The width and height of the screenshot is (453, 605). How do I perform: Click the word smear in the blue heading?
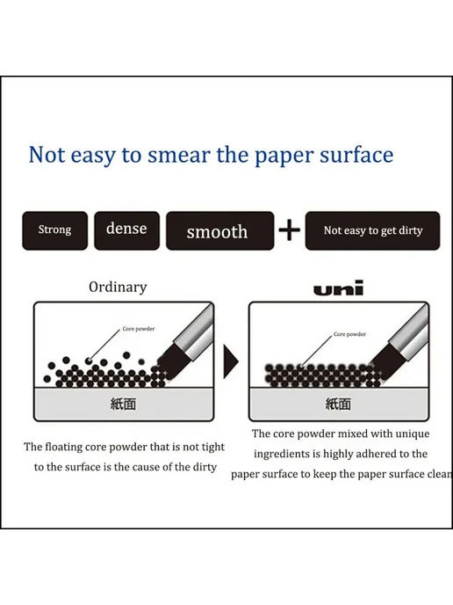(179, 155)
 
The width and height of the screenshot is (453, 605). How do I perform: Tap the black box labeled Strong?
(54, 230)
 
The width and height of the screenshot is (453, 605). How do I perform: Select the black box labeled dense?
(126, 230)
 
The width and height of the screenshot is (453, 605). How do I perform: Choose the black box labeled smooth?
(220, 230)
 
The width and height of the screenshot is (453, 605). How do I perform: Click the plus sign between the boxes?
(290, 230)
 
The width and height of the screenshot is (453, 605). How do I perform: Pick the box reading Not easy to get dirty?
(372, 230)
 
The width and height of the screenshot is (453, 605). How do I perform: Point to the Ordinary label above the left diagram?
(118, 287)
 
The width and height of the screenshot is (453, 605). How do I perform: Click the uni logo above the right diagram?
(339, 288)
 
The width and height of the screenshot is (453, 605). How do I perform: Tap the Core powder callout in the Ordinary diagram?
(139, 329)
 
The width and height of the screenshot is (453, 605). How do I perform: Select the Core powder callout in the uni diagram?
(349, 334)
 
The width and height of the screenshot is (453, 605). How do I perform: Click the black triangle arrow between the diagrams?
(231, 361)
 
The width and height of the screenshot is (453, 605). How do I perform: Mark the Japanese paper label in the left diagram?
(123, 404)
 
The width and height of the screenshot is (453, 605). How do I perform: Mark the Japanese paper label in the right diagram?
(338, 404)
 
